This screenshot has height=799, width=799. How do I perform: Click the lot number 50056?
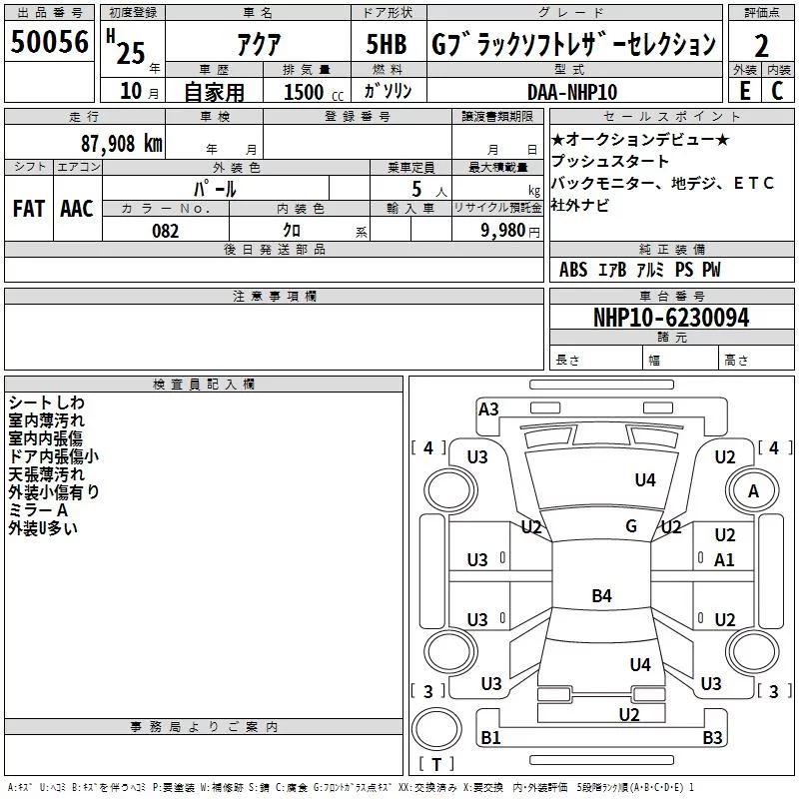49,43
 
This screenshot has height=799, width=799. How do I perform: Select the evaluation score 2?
761,45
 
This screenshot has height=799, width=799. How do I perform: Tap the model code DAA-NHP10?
572,92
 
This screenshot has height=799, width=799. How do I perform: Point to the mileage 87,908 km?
120,143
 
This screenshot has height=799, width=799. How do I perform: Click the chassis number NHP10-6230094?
671,318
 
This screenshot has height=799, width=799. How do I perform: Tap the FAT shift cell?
28,209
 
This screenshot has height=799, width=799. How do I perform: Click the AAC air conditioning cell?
77,209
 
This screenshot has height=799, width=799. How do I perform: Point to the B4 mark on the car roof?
601,596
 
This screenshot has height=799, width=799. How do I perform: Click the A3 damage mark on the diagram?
488,408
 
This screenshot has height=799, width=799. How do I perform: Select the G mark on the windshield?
630,525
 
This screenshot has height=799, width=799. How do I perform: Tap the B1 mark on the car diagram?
490,738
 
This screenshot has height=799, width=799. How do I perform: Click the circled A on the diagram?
753,490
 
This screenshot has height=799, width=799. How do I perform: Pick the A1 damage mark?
725,560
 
